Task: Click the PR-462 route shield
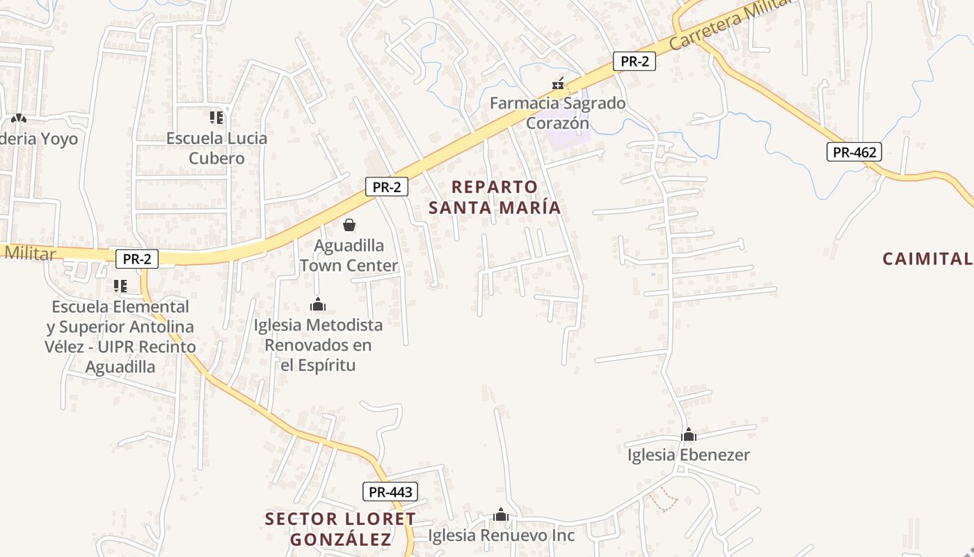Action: point(854,152)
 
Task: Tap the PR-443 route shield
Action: point(390,492)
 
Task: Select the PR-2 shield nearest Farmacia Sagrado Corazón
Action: point(634,61)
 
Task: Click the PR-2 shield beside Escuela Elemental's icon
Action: point(137,259)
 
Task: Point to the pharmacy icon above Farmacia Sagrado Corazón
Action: point(558,84)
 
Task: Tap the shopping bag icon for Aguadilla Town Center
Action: point(349,225)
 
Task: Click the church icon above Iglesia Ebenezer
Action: point(689,435)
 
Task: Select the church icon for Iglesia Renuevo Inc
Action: point(501,515)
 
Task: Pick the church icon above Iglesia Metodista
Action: point(318,304)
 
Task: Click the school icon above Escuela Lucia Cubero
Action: point(216,118)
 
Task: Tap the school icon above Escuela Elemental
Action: point(120,285)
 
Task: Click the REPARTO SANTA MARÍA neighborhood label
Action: point(495,197)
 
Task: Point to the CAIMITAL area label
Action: point(927,259)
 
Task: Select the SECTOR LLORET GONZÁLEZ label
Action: point(341,528)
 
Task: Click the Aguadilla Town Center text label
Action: point(349,256)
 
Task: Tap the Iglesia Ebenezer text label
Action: point(689,455)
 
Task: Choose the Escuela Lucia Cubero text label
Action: point(216,148)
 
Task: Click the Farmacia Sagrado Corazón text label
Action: point(557,113)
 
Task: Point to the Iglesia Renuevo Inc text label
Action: point(501,535)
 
